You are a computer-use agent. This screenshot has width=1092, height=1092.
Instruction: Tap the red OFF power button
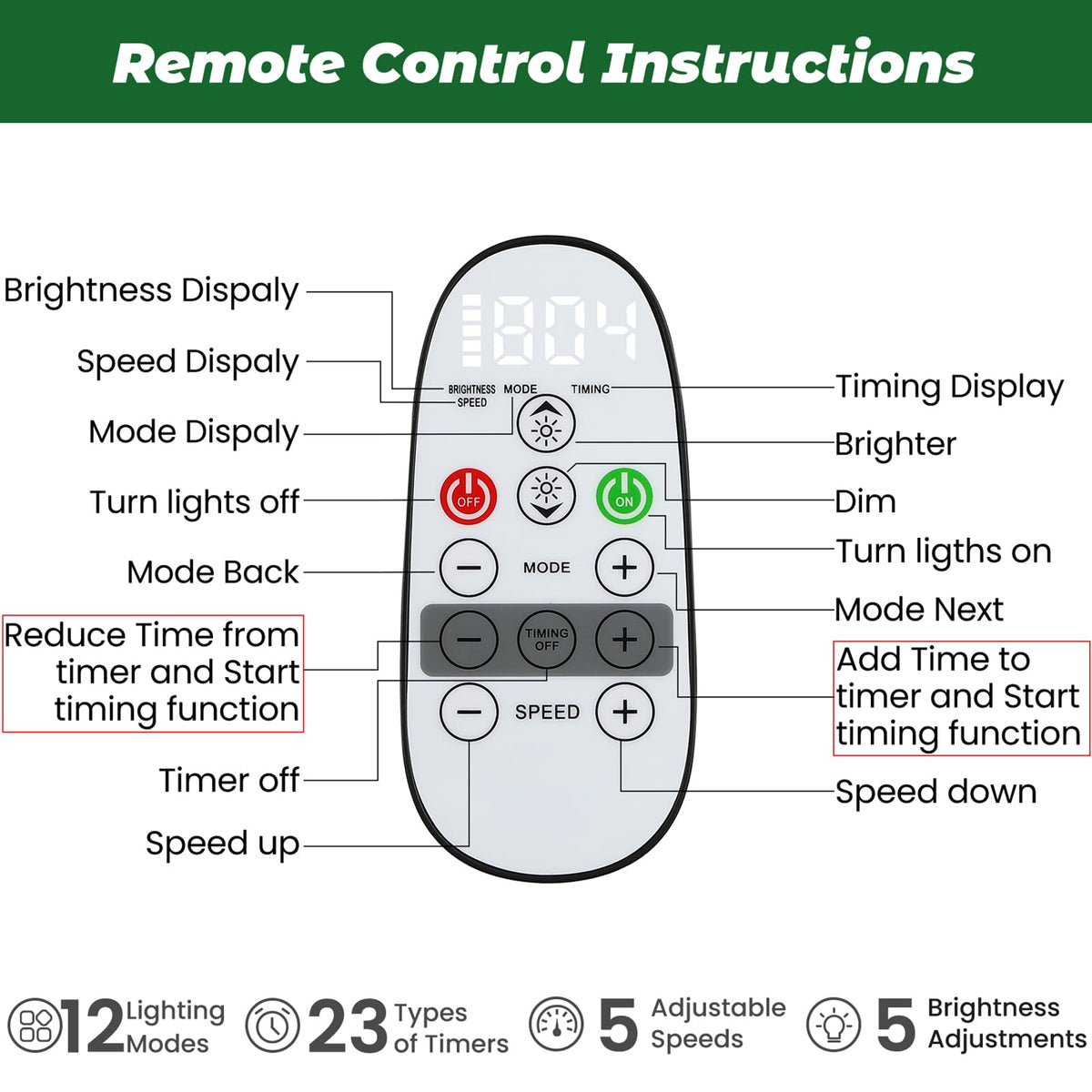point(469,498)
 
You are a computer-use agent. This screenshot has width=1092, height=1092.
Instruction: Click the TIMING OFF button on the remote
point(547,639)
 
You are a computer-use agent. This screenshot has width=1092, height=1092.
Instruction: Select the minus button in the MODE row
point(469,568)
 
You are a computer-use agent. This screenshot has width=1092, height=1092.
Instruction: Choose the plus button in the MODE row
point(624,568)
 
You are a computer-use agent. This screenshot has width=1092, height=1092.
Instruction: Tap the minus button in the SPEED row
point(469,711)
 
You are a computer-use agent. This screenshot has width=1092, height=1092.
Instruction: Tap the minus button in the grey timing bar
point(469,639)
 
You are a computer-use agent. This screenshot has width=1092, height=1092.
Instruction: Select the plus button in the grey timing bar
point(624,639)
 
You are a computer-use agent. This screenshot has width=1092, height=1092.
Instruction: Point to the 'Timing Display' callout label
point(949,387)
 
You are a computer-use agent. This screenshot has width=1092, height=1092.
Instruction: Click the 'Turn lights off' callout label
point(195,501)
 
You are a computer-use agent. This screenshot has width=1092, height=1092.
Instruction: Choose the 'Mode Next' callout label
point(919,609)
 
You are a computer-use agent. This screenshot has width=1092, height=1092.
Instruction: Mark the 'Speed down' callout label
point(936,792)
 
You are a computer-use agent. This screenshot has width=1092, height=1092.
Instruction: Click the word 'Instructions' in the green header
point(788,63)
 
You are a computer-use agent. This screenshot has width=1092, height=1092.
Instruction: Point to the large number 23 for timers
point(348,1026)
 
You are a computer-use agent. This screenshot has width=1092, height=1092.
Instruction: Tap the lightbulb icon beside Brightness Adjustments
point(834,1025)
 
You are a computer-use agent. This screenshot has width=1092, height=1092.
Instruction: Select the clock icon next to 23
point(272,1026)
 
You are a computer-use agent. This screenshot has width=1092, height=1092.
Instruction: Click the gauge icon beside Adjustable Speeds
point(556,1025)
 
